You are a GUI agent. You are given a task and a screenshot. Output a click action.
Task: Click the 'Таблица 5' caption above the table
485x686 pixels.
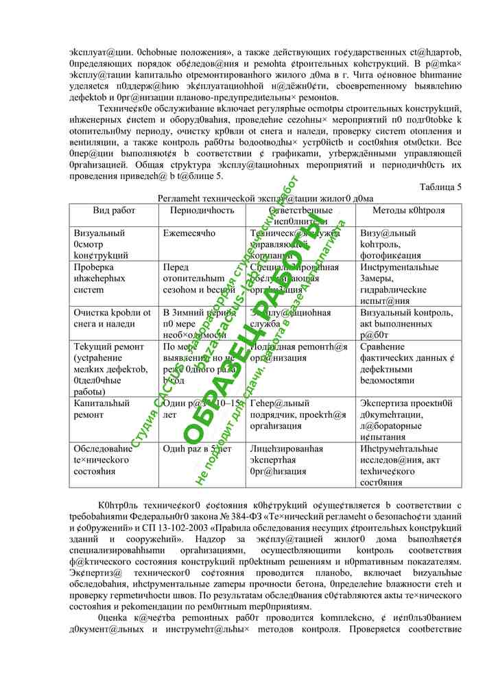pos(440,187)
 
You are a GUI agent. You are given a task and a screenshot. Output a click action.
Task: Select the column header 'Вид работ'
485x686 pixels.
pos(113,210)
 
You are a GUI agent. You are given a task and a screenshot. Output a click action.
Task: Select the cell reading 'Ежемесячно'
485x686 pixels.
pos(189,233)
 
